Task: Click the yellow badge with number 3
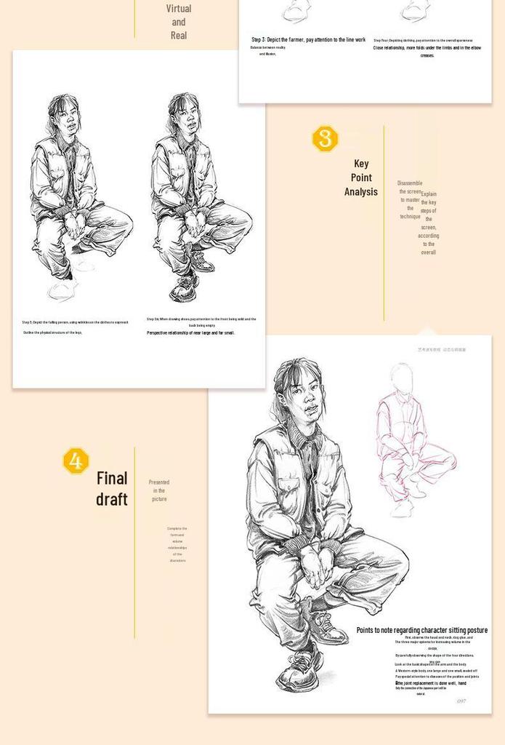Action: [325, 138]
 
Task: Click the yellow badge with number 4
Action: [76, 461]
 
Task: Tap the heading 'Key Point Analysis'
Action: [361, 178]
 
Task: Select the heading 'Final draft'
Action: [112, 488]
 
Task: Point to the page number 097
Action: [461, 701]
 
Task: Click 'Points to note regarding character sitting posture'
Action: [421, 630]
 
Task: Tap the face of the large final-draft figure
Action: [303, 399]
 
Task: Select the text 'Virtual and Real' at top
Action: [179, 22]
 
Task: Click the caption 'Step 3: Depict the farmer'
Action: [308, 40]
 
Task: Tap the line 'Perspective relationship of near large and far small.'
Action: [190, 332]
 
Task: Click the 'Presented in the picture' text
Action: [159, 490]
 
